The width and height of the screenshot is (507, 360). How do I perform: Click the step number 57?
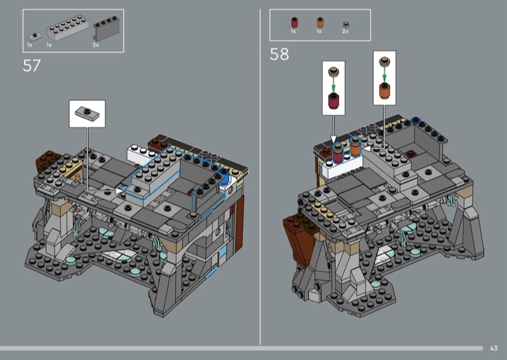(32, 66)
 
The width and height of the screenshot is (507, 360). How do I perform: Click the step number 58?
(279, 55)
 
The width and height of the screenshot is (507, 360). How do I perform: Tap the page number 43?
(494, 348)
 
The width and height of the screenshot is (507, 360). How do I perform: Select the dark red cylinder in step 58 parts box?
(294, 23)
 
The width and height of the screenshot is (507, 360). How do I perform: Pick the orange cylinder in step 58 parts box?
(320, 22)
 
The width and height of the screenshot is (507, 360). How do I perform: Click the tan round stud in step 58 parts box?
(346, 25)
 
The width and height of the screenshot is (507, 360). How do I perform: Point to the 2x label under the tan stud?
(345, 32)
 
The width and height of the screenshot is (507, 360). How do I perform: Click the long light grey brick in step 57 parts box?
(68, 28)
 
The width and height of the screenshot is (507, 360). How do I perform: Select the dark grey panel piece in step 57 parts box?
(106, 29)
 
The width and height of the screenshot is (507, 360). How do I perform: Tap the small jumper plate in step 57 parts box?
(35, 36)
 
